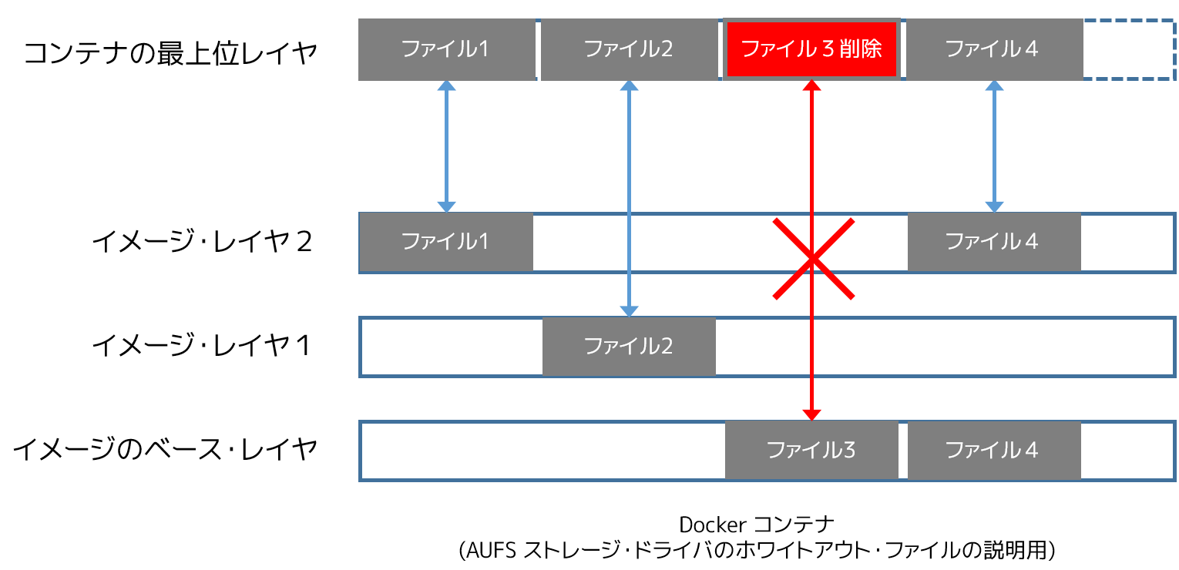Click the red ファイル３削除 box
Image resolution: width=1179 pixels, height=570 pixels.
point(811,49)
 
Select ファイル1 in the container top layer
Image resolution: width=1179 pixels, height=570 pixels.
point(447,49)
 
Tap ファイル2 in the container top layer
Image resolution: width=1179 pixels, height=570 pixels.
point(630,49)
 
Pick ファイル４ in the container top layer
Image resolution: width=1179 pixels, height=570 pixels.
point(994,49)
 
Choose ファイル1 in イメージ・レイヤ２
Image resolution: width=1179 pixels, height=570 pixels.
point(446,242)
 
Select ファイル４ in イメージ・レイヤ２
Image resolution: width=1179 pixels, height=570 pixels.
point(994,242)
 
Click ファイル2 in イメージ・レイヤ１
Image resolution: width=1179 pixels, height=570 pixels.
point(629,347)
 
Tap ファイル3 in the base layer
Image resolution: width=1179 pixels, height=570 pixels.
point(811,450)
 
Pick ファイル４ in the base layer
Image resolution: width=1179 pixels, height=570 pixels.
point(994,450)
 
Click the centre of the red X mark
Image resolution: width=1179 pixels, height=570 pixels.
point(813,258)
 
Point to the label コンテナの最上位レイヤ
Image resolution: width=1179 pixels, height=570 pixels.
point(170,53)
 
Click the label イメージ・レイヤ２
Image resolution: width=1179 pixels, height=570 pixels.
point(202,242)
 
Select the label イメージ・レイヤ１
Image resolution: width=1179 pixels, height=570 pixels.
point(202,346)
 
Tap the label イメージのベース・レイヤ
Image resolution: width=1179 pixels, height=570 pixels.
point(165,450)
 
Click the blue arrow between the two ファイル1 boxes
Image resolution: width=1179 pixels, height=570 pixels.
point(446,146)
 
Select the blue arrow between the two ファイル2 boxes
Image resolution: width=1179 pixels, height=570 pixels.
point(629,199)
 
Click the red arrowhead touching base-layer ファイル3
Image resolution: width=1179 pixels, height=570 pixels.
point(811,415)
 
